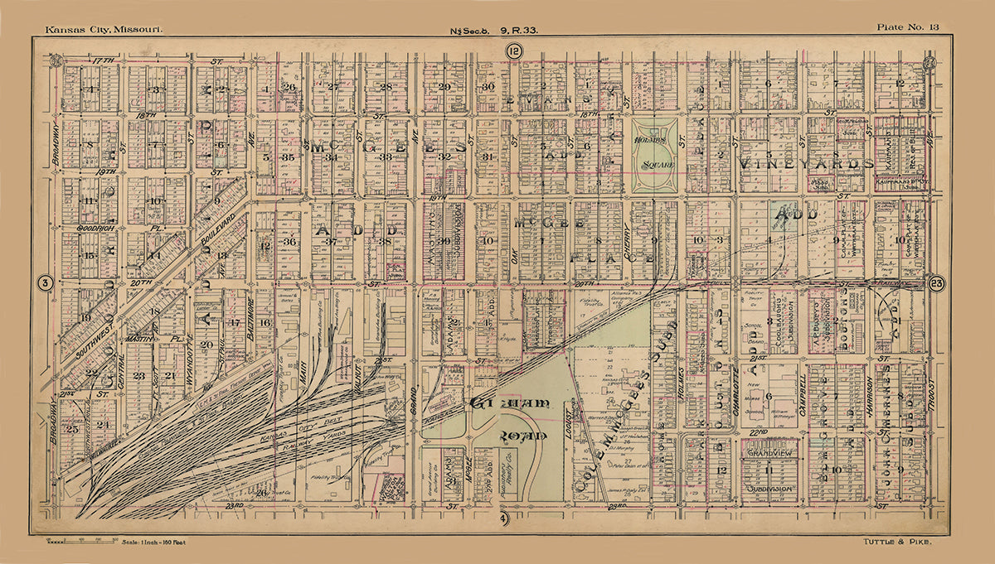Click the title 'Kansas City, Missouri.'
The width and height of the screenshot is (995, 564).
click(x=104, y=29)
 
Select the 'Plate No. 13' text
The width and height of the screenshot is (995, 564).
click(x=908, y=28)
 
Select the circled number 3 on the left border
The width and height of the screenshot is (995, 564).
click(x=46, y=283)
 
